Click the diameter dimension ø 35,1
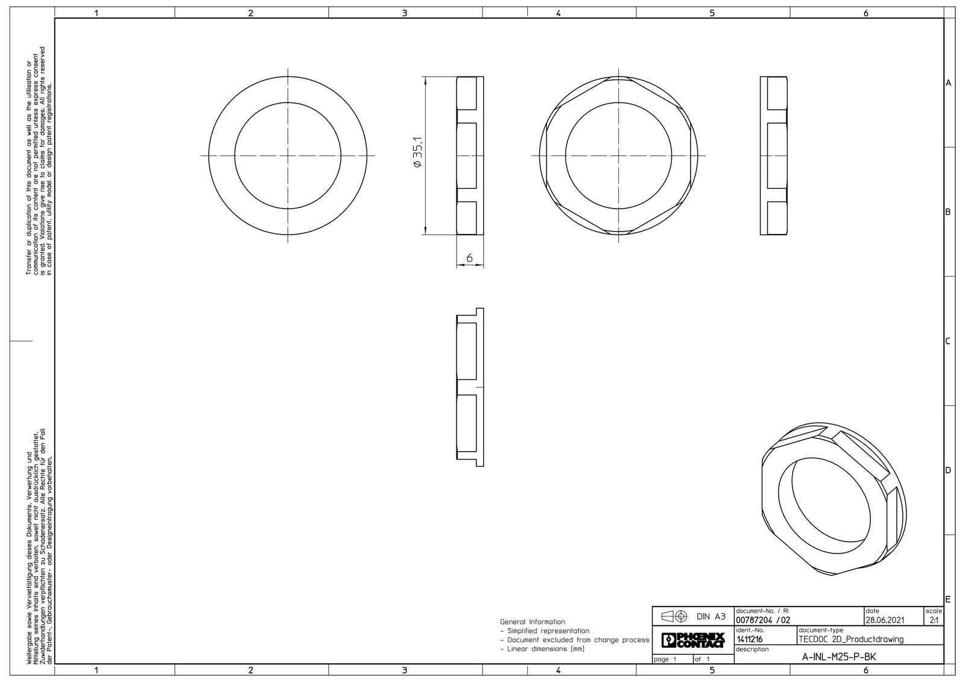[418, 153]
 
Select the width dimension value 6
[469, 258]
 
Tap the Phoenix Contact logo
[693, 640]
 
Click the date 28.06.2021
[884, 620]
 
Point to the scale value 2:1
[934, 620]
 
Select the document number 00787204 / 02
[763, 620]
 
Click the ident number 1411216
[750, 639]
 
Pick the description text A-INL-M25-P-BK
[839, 657]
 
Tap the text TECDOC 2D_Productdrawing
[851, 639]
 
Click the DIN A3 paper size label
[711, 616]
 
